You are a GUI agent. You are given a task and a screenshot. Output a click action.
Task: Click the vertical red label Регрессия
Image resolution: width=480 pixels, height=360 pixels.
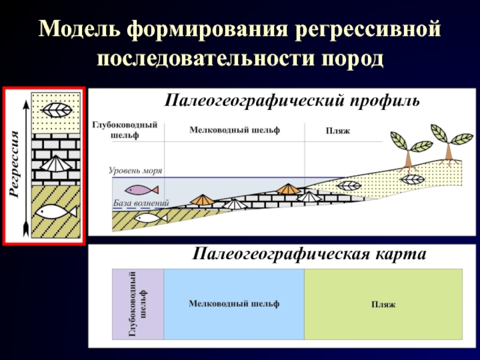coord(15,166)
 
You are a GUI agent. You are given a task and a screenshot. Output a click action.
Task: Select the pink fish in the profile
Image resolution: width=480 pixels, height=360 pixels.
coord(143,190)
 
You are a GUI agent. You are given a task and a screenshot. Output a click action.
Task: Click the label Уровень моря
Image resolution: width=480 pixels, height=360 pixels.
coord(136,171)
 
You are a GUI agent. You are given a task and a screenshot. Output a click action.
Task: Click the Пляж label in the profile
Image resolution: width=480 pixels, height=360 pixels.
coord(337,131)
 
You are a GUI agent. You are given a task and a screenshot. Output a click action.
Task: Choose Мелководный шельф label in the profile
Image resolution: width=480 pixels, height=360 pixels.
coord(234,130)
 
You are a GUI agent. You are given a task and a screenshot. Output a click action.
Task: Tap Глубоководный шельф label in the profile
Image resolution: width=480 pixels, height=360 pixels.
coord(125,130)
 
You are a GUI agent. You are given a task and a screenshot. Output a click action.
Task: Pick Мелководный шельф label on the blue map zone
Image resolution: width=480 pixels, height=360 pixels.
coord(234,304)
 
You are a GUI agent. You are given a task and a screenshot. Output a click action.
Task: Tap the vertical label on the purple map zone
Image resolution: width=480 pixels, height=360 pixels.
coord(138,304)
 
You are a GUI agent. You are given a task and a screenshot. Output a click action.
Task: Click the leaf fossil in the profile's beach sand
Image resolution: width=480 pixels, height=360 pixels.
coord(349,186)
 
